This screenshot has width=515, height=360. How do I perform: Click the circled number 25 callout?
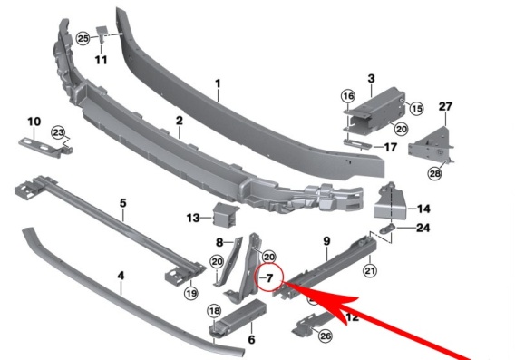pos(83,38)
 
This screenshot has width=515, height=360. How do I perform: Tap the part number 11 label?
pos(102,60)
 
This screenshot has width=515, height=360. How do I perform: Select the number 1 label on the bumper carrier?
pos(218,83)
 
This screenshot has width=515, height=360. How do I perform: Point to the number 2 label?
pos(179,121)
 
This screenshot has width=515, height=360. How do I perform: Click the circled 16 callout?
pos(348,96)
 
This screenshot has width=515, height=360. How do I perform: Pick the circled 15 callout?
pos(416,108)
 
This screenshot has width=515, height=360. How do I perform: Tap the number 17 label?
pos(391,147)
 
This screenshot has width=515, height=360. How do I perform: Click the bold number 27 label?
pos(445,106)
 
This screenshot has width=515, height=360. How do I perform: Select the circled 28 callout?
pos(435,173)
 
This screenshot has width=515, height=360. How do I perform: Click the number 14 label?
pos(423,209)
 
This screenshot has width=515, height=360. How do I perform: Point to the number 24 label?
pos(423,228)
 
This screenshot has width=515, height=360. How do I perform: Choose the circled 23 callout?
pos(58,133)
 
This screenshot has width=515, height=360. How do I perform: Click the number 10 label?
pos(34,122)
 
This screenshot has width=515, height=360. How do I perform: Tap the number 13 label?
pos(193,218)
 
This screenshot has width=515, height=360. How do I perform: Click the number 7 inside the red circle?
pos(269,278)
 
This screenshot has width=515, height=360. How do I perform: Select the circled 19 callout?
pos(191,292)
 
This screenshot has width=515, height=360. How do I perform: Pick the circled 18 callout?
pos(214,311)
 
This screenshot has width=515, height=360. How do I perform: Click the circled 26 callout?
pos(326,336)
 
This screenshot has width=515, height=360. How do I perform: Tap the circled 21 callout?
pos(370,270)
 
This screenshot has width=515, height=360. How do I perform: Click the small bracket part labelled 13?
pos(226,215)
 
